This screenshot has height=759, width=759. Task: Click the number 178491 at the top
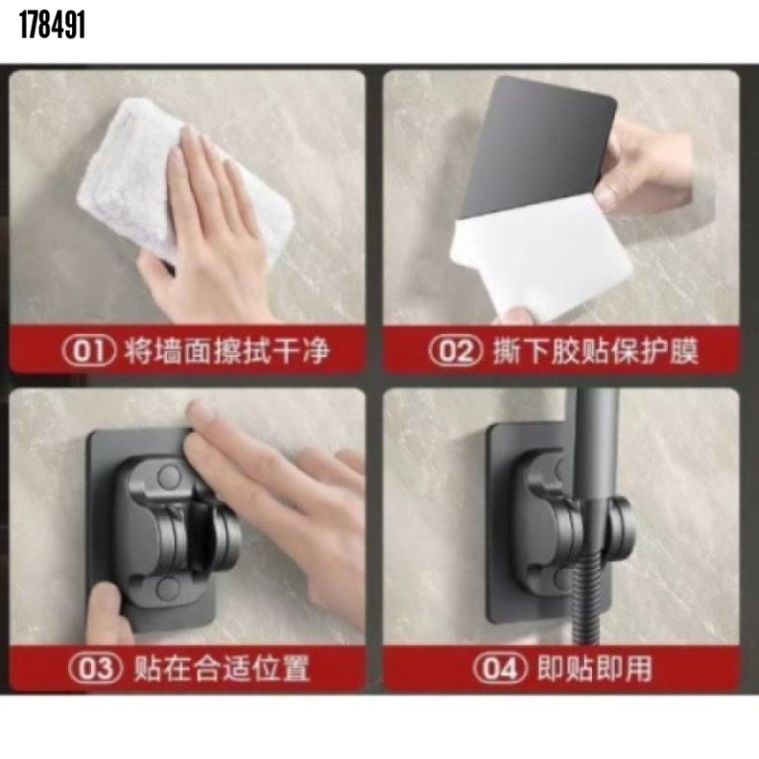51,27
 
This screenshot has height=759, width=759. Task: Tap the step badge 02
457,351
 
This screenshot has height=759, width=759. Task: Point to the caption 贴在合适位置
221,668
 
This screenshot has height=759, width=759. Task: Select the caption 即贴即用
594,668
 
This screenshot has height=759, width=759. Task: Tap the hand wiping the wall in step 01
212,227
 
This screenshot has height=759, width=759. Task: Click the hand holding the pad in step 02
647,168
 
